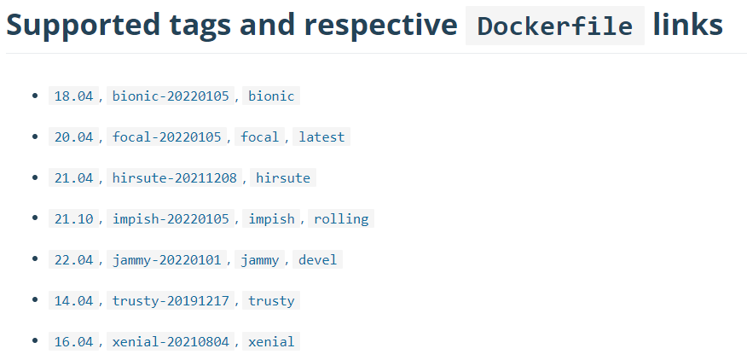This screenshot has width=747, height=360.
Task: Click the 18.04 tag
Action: pyautogui.click(x=73, y=96)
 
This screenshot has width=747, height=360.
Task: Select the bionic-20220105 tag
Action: pyautogui.click(x=171, y=96)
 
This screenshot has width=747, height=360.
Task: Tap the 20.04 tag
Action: pyautogui.click(x=73, y=137)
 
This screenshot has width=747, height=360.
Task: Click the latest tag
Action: pyautogui.click(x=321, y=137)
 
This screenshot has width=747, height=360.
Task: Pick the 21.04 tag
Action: pyautogui.click(x=73, y=178)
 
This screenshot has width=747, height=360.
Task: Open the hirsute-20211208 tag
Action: pyautogui.click(x=174, y=178)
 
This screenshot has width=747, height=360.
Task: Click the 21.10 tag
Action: pyautogui.click(x=73, y=219)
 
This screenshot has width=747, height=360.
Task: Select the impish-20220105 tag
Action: pyautogui.click(x=171, y=219)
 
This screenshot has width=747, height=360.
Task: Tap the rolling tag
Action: pyautogui.click(x=341, y=219)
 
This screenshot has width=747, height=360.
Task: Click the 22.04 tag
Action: pyautogui.click(x=73, y=260)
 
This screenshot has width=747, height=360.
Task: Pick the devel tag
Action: pyautogui.click(x=318, y=260)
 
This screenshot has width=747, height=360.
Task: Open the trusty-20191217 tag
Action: pyautogui.click(x=171, y=301)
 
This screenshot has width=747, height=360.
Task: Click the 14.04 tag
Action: pyautogui.click(x=73, y=301)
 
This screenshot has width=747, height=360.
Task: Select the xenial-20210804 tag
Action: pyautogui.click(x=171, y=342)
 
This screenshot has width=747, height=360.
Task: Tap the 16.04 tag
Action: pyautogui.click(x=73, y=342)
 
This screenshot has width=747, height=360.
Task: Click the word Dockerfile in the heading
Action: pyautogui.click(x=554, y=26)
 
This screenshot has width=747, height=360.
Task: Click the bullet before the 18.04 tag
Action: pyautogui.click(x=35, y=96)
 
